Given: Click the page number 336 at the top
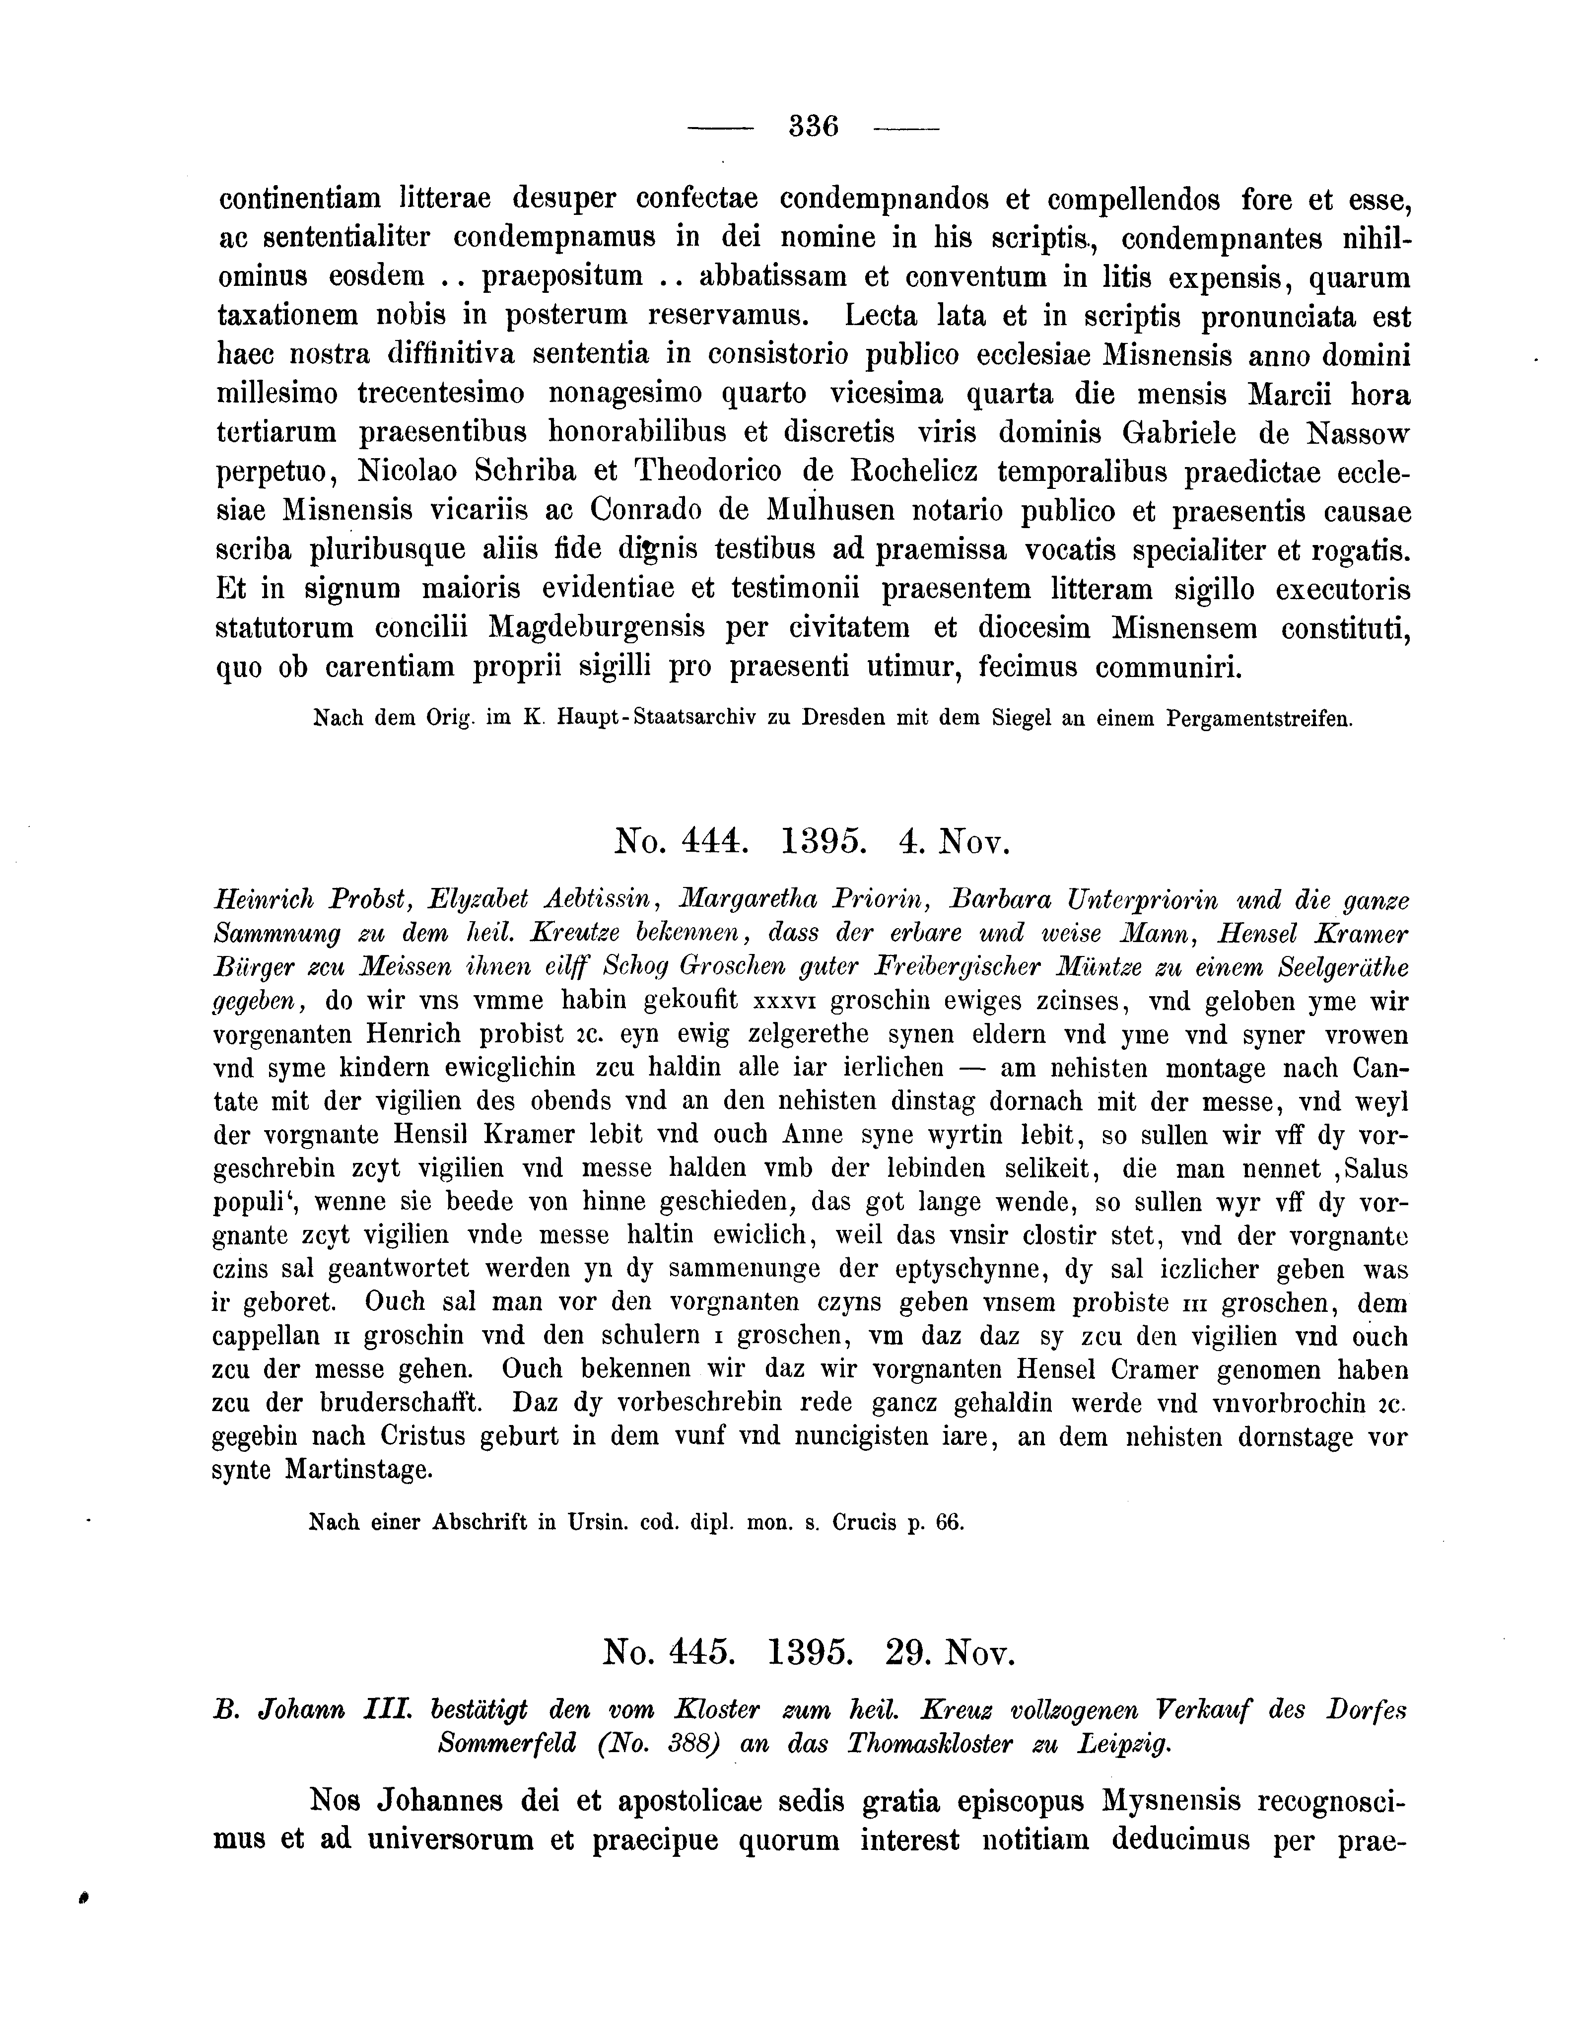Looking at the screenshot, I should point(814,125).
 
